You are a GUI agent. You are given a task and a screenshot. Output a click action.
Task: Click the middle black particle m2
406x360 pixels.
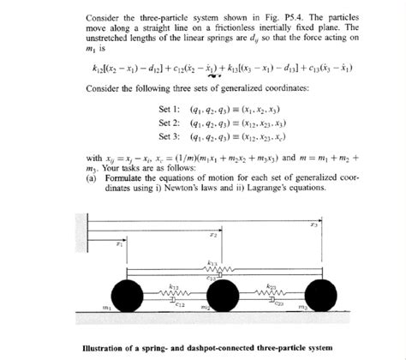224,297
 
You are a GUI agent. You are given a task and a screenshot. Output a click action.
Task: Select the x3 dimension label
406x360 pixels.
314,225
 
